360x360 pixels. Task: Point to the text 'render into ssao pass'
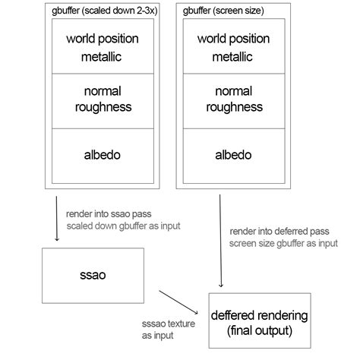[x=111, y=214]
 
